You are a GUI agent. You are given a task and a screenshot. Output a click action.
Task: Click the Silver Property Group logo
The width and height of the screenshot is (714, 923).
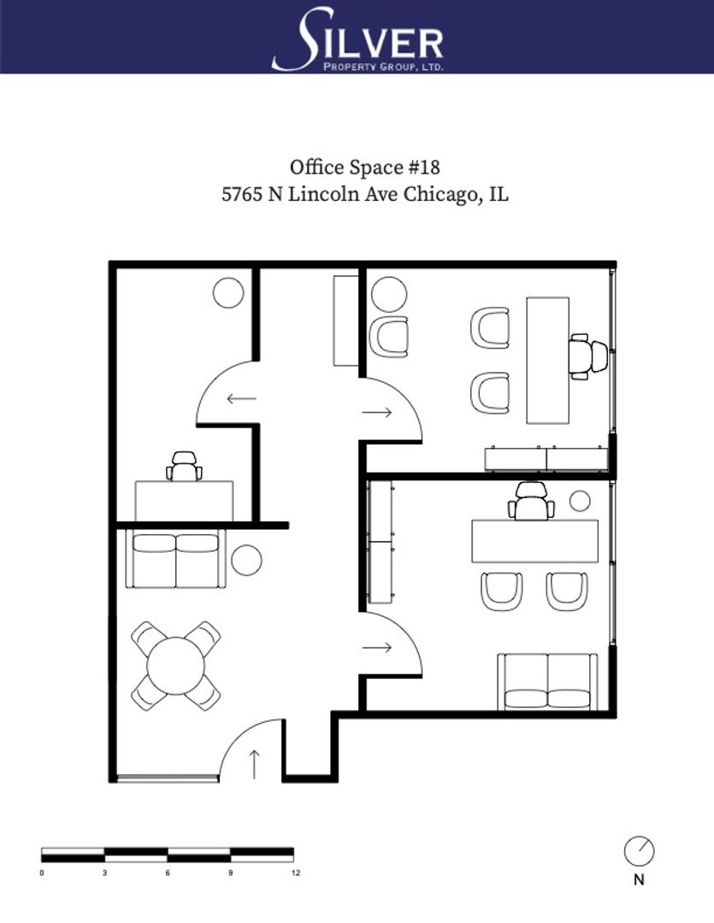tap(357, 38)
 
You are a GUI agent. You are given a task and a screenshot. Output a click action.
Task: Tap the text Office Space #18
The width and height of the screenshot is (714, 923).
tap(364, 168)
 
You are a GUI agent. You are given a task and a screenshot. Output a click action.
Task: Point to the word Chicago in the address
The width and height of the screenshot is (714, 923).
tap(439, 194)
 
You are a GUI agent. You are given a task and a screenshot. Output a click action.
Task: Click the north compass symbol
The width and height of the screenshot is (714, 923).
tap(640, 851)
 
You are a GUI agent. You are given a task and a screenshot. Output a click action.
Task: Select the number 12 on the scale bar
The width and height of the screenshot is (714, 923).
tap(296, 873)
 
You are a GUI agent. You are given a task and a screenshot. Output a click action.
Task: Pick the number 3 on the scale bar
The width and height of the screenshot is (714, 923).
tap(105, 873)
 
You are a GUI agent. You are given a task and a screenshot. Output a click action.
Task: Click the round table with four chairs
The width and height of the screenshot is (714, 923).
tap(175, 666)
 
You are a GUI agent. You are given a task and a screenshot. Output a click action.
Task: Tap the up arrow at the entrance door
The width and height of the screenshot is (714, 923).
tap(254, 764)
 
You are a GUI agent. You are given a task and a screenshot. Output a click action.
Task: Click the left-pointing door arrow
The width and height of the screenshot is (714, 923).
tap(241, 399)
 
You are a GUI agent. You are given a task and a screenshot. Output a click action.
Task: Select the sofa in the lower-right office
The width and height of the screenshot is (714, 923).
tap(548, 681)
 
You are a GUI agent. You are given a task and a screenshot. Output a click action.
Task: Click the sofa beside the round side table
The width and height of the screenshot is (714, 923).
tap(175, 560)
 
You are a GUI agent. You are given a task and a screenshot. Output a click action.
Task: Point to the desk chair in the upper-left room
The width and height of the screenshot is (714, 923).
tap(184, 467)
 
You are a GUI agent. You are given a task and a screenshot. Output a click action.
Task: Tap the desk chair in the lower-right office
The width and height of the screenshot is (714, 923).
tap(531, 501)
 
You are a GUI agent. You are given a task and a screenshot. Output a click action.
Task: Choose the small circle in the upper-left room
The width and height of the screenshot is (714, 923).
tap(228, 292)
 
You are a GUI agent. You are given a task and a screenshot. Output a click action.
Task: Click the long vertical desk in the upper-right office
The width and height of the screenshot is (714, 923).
tap(548, 361)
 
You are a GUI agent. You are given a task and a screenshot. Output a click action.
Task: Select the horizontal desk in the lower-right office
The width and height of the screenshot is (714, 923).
tap(535, 541)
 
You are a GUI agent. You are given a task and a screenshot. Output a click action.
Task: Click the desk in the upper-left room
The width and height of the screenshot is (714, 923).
tap(184, 501)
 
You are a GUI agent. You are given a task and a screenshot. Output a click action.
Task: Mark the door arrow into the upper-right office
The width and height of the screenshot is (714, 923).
tap(377, 412)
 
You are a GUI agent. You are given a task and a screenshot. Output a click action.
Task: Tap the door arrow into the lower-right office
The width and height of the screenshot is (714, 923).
tap(377, 648)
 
